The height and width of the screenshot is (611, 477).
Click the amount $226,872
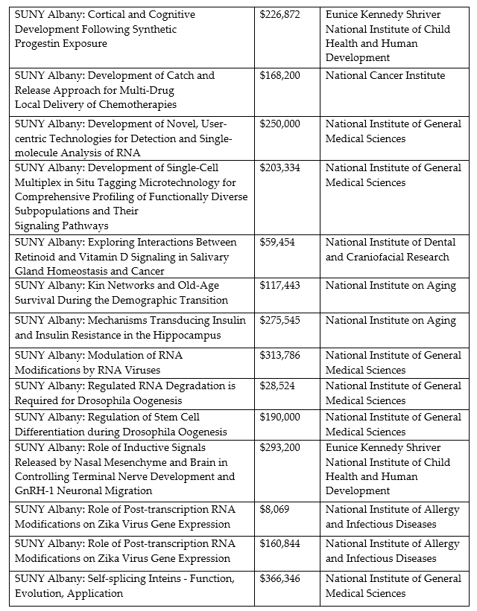(x=279, y=15)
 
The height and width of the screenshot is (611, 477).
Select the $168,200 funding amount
(x=279, y=76)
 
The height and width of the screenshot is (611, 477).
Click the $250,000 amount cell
(x=279, y=124)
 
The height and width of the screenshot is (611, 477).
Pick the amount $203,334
(x=279, y=168)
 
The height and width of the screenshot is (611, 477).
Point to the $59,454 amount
(x=277, y=243)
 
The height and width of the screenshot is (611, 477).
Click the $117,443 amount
(x=279, y=286)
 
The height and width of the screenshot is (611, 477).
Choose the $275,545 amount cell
(x=279, y=321)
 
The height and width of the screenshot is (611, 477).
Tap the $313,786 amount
(x=279, y=356)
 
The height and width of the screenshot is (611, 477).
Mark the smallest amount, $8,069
(x=274, y=510)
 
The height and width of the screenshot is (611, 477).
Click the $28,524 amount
(x=277, y=386)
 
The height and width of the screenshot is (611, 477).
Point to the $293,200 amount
(x=279, y=448)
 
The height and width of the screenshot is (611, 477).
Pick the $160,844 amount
(x=279, y=544)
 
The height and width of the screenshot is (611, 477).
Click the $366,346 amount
(x=279, y=579)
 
